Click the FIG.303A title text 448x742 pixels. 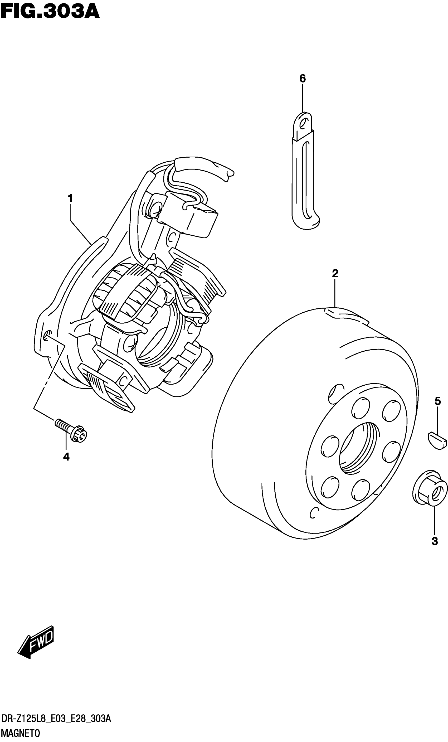click(x=50, y=12)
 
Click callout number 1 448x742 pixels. click(x=70, y=199)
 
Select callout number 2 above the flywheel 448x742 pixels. click(x=335, y=273)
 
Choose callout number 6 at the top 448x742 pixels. click(x=302, y=79)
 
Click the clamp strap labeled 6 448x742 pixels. click(x=304, y=175)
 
